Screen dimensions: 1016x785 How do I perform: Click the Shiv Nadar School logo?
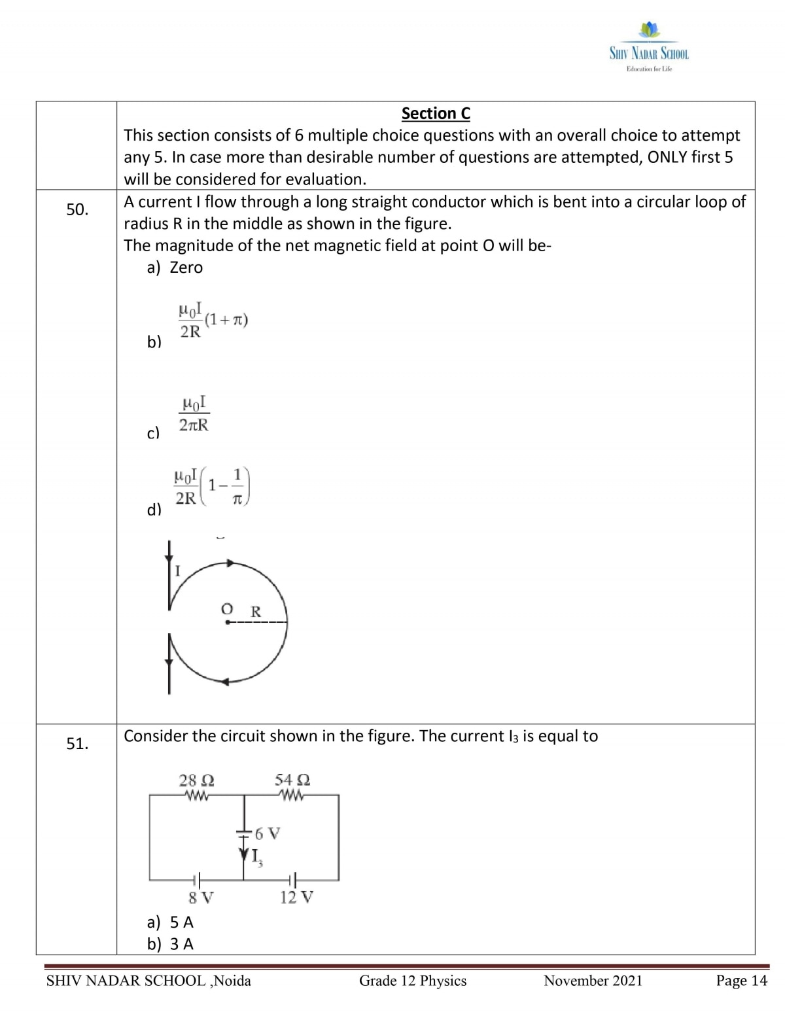649,47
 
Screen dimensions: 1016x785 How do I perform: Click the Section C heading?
436,113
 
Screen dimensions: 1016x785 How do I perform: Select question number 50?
77,209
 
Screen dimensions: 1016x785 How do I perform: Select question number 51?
77,743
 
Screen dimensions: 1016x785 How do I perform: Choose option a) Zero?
175,268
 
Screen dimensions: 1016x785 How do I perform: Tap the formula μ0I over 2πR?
194,413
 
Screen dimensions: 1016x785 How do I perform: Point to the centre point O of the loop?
227,622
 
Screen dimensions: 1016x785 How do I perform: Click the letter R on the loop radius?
256,612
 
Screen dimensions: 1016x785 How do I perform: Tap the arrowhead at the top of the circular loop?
230,563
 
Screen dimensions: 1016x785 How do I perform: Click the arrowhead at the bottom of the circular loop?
224,682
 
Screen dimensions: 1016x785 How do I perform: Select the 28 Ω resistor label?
196,780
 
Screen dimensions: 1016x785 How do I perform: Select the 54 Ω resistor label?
292,780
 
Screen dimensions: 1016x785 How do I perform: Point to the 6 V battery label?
267,833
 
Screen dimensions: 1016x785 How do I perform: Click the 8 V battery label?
201,897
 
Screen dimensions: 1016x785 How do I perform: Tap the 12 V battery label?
296,897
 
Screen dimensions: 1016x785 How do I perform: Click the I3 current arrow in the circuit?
245,854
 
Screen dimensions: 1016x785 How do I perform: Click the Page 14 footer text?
741,980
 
